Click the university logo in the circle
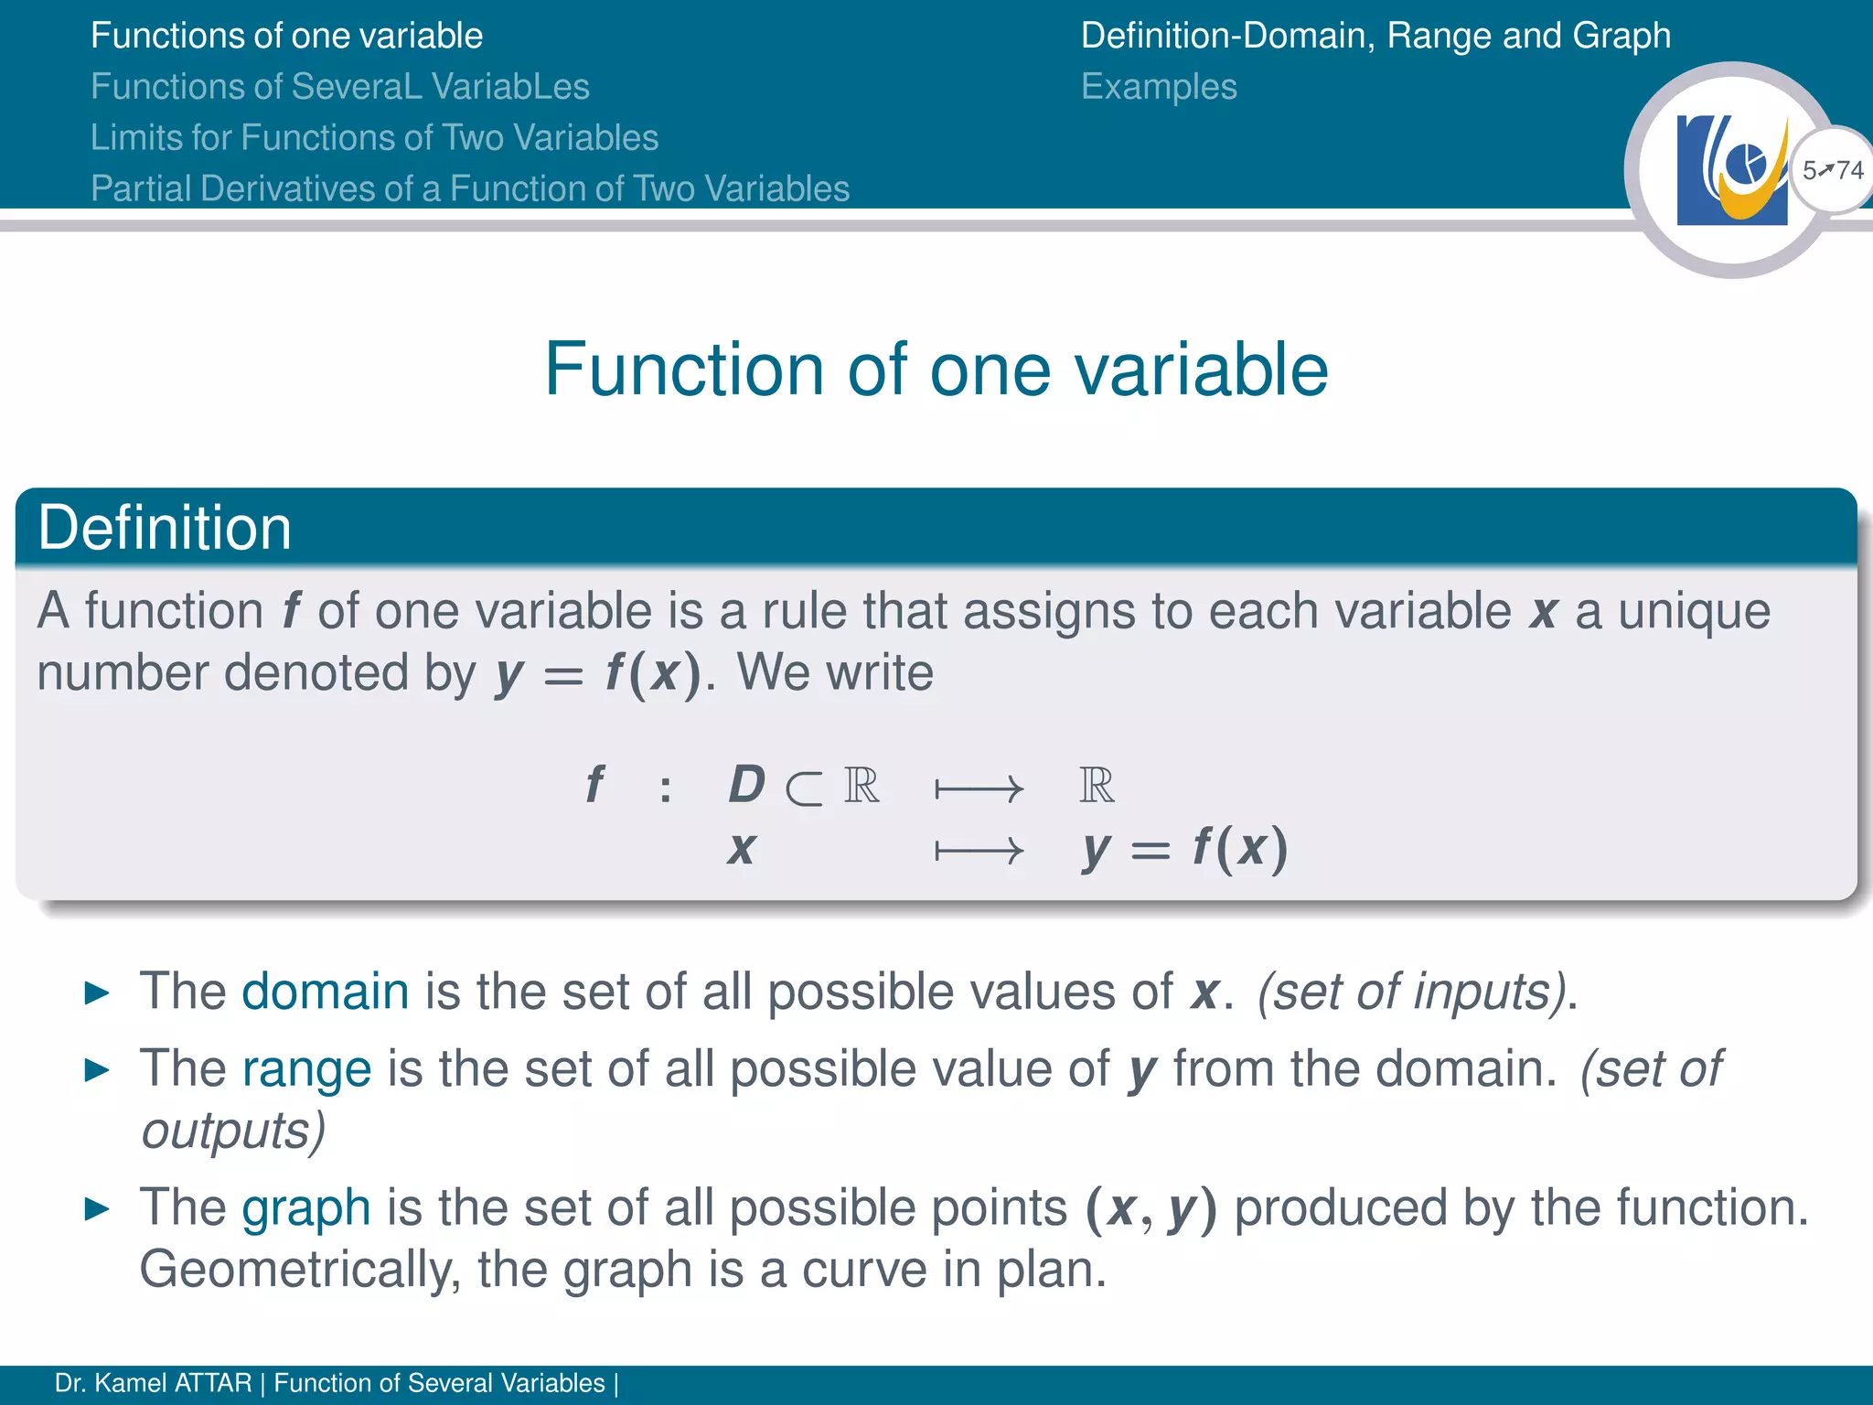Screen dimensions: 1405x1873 [1731, 171]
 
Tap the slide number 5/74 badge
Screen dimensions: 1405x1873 [1833, 170]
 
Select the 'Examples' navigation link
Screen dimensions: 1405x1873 [1159, 87]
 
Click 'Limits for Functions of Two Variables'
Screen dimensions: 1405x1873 [374, 137]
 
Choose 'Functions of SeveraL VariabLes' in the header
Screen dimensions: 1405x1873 [340, 87]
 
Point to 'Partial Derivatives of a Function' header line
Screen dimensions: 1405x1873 [470, 188]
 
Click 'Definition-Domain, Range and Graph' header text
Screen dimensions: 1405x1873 [1375, 36]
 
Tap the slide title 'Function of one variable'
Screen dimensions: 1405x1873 [936, 369]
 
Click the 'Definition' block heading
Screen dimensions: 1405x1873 [165, 528]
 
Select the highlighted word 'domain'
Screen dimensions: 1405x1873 [325, 991]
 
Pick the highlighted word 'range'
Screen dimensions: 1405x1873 [306, 1068]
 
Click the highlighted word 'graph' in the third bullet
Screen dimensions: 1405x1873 [306, 1207]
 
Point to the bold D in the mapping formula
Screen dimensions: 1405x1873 [746, 785]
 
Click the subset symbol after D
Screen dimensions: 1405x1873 [804, 788]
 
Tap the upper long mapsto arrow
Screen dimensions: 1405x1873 [979, 788]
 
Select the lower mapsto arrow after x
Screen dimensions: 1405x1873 [979, 852]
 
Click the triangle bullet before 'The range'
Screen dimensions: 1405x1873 [97, 1069]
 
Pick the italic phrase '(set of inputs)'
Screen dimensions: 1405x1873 [1412, 992]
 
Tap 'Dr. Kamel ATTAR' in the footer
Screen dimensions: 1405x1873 [153, 1383]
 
